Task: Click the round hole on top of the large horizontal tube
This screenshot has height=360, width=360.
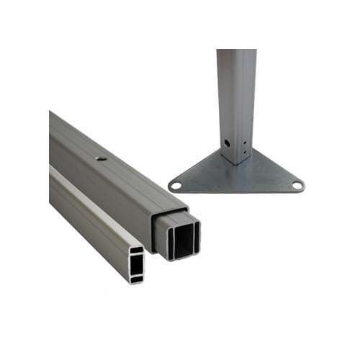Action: (101, 155)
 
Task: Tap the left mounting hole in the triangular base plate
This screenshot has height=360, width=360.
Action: (175, 186)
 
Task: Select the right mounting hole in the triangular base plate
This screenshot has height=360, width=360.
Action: (296, 186)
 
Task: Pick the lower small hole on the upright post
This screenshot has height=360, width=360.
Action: (243, 152)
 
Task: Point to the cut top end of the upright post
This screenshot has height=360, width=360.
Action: (236, 52)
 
